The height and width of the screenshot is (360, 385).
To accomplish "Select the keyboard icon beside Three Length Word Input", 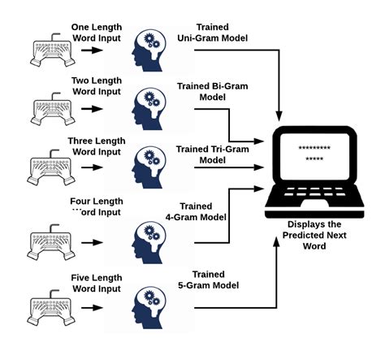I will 51,169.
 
